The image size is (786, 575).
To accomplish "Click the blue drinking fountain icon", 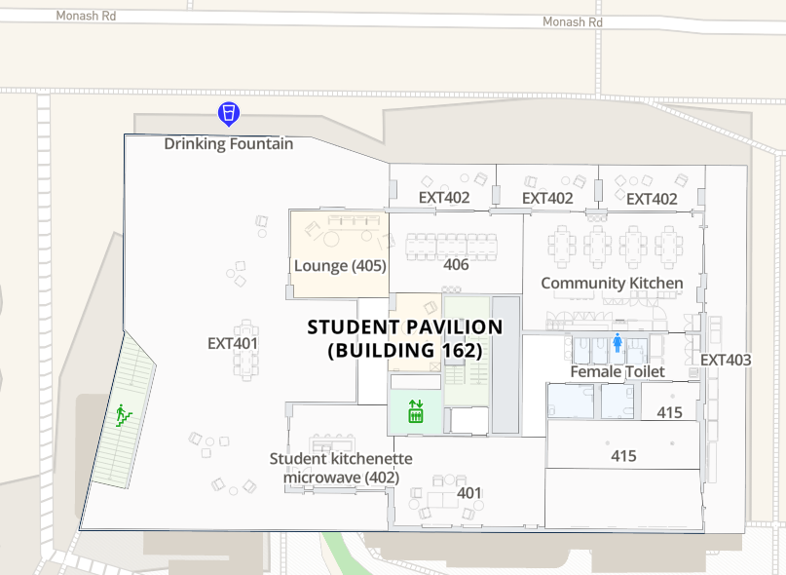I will tap(228, 114).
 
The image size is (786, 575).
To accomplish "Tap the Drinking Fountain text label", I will tap(228, 144).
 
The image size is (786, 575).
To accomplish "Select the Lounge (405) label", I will tap(340, 265).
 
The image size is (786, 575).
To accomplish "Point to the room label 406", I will tap(456, 264).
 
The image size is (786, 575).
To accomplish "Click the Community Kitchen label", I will tap(612, 283).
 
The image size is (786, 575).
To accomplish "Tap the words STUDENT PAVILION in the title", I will tap(404, 327).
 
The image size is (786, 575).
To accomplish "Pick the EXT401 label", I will tap(233, 343).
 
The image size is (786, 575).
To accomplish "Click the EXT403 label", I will tap(726, 360).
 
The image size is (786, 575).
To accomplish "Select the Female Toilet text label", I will tap(618, 371).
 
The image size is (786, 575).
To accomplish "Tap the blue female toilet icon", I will tap(618, 342).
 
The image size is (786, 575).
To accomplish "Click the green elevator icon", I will tap(416, 411).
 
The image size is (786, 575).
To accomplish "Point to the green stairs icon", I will tap(124, 414).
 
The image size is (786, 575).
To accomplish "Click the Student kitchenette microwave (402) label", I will tap(341, 468).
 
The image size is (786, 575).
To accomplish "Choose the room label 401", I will tap(469, 492).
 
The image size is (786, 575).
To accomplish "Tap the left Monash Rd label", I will tap(86, 16).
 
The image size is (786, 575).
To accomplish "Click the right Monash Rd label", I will tap(572, 21).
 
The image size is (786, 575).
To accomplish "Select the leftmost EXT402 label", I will tap(444, 198).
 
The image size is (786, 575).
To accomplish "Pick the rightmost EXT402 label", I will tap(652, 199).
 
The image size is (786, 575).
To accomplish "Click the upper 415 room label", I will tap(669, 412).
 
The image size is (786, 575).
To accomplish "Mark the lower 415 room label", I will tap(623, 455).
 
